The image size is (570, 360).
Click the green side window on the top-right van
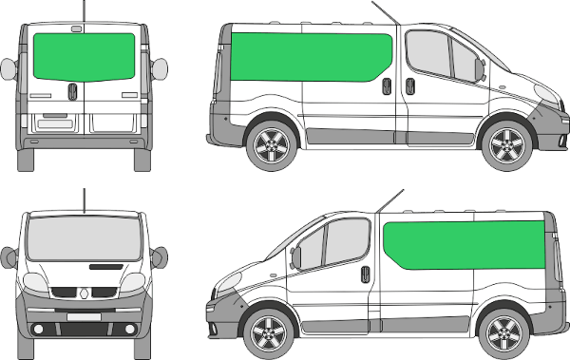[313, 57]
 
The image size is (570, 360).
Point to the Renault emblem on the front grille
[84, 295]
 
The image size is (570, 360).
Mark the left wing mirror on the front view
[9, 255]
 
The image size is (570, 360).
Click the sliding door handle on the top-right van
[385, 85]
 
